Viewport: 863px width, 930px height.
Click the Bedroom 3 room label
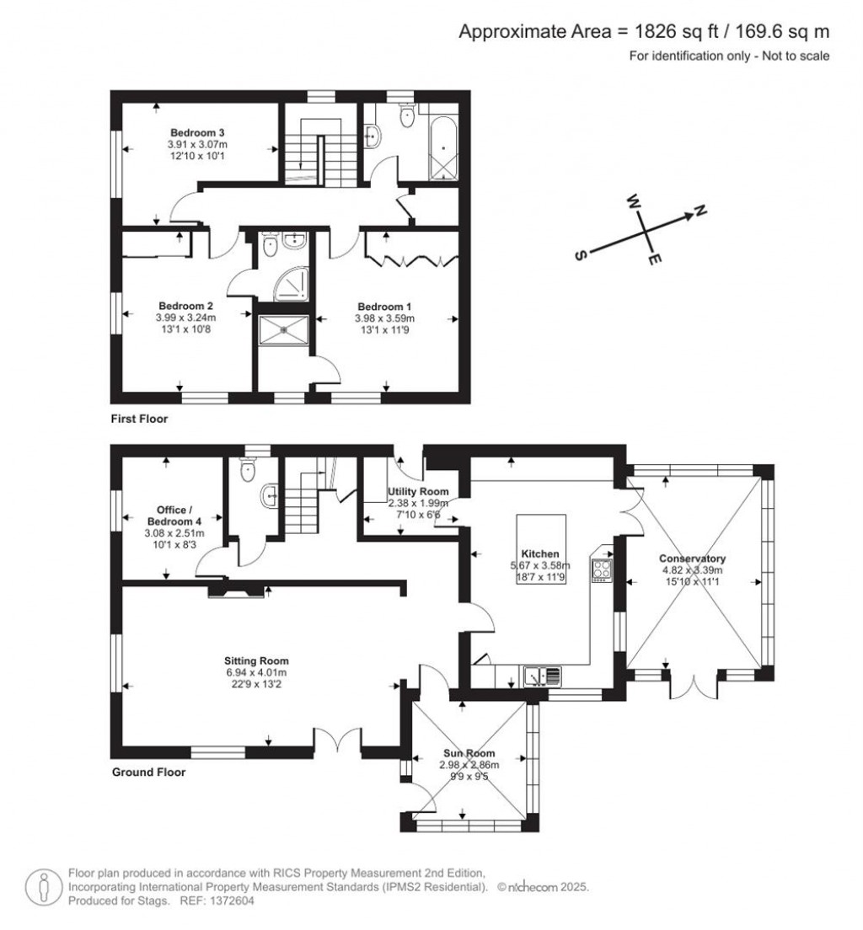[x=196, y=133]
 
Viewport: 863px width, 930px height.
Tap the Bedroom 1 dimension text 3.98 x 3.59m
[x=384, y=318]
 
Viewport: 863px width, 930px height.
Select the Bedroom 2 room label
[x=185, y=306]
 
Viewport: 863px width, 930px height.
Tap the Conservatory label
[x=692, y=559]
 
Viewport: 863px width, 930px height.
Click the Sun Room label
[x=469, y=753]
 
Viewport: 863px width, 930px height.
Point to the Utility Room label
[x=418, y=492]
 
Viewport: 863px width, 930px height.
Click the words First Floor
[x=140, y=419]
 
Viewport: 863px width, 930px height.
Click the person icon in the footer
[x=43, y=887]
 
